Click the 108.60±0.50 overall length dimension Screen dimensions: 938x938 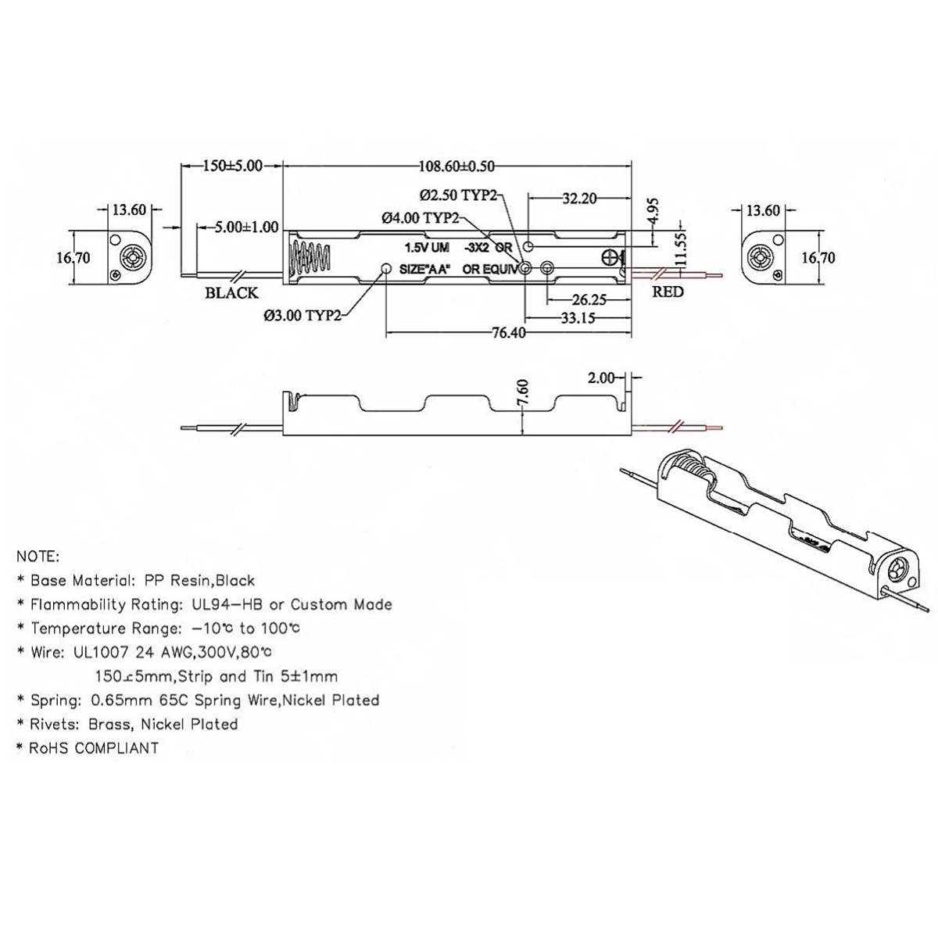click(457, 166)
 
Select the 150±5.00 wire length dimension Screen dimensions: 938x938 click(231, 166)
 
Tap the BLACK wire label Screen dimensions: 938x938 click(231, 293)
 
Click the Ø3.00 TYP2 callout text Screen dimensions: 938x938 click(303, 316)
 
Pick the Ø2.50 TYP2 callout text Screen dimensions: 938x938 click(458, 194)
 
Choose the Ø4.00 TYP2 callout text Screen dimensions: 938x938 click(421, 218)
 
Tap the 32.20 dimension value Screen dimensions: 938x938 click(579, 199)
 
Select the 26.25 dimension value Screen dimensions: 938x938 click(590, 299)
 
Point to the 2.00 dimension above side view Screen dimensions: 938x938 click(601, 378)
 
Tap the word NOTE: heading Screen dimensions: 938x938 click(37, 557)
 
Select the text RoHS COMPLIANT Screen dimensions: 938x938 click(94, 748)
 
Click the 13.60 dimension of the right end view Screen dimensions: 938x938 click(762, 210)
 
